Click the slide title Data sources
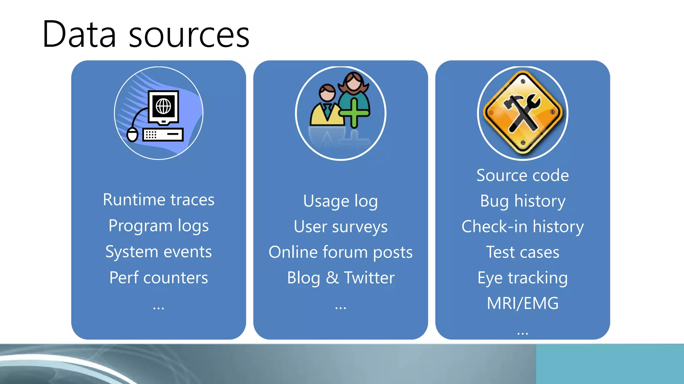pos(146,34)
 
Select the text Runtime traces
pos(158,200)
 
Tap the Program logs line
pos(158,226)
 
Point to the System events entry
pos(158,252)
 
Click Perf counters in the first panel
pos(158,278)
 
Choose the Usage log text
pos(340,201)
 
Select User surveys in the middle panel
pos(340,227)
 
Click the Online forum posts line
pos(340,252)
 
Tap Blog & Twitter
pos(340,278)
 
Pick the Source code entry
pos(522,175)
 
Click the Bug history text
pos(522,201)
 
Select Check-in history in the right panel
pos(522,227)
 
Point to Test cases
pos(522,252)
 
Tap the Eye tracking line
pos(522,278)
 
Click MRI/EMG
pos(522,303)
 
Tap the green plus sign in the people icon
pos(354,113)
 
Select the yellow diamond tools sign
pos(523,113)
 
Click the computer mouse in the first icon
pos(133,134)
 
